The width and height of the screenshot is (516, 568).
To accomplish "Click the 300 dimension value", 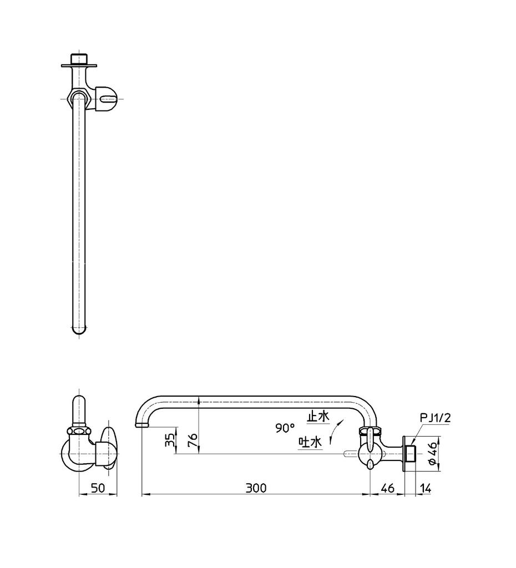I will pyautogui.click(x=256, y=488).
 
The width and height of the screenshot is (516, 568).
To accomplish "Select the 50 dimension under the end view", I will pyautogui.click(x=98, y=488).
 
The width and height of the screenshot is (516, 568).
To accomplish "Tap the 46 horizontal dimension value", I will pyautogui.click(x=387, y=488).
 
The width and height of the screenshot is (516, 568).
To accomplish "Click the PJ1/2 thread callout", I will pyautogui.click(x=435, y=418).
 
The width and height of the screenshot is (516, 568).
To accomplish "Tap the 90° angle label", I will pyautogui.click(x=285, y=428).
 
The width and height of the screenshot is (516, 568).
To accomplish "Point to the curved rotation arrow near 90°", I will pyautogui.click(x=335, y=431).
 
